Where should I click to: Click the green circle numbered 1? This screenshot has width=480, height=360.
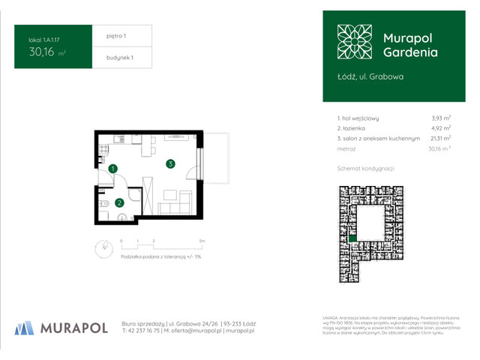112,169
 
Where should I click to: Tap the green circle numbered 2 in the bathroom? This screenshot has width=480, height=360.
119,202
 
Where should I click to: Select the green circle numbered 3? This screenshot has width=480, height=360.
171,164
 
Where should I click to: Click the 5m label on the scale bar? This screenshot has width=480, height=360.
201,240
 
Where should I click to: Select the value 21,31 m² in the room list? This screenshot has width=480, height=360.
439,138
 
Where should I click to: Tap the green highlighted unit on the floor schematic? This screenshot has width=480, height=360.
363,238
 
